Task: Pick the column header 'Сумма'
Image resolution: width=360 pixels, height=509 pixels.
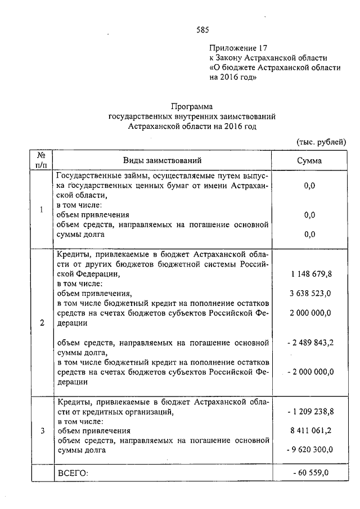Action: pyautogui.click(x=309, y=161)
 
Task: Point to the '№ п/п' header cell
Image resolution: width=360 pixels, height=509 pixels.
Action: pyautogui.click(x=41, y=160)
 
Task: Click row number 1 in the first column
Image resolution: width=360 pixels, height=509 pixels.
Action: pyautogui.click(x=41, y=210)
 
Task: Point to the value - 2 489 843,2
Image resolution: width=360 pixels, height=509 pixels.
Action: pyautogui.click(x=310, y=342)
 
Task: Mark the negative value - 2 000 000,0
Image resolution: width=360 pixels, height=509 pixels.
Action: pyautogui.click(x=310, y=372)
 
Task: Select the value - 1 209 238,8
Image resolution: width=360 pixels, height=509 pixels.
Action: pyautogui.click(x=310, y=412)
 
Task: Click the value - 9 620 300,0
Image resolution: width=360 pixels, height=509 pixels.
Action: pyautogui.click(x=310, y=449)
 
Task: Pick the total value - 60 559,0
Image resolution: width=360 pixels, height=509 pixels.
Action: pyautogui.click(x=310, y=473)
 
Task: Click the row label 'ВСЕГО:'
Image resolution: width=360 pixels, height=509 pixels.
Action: pyautogui.click(x=74, y=474)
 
